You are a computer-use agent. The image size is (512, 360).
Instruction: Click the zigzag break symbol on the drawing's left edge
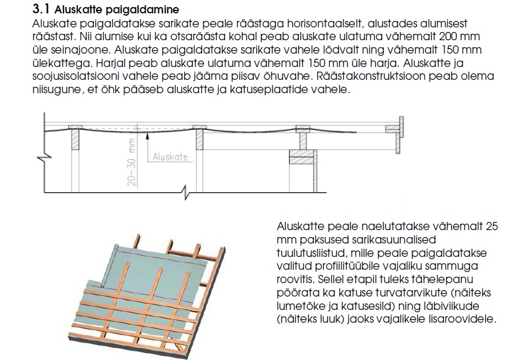click(40, 156)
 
